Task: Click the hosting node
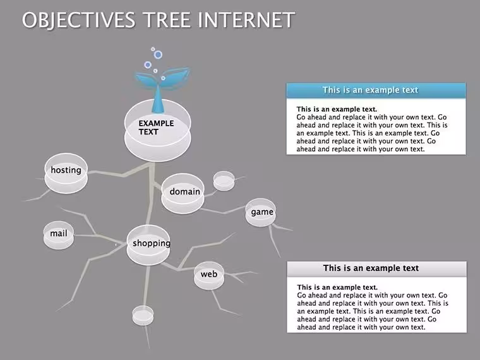[x=66, y=173]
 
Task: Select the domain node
[x=183, y=193]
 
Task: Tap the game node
[x=260, y=212]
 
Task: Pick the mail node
[x=59, y=235]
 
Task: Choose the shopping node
[x=148, y=245]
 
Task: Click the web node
[x=209, y=275]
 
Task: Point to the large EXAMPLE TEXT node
[x=158, y=130]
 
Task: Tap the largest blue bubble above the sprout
[x=158, y=55]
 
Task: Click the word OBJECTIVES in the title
[x=78, y=20]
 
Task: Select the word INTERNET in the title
[x=246, y=20]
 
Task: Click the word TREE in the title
[x=167, y=20]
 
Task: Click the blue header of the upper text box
[x=376, y=90]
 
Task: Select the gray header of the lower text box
[x=377, y=268]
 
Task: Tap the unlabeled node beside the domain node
[x=224, y=181]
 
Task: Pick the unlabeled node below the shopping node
[x=143, y=315]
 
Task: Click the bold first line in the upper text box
[x=337, y=109]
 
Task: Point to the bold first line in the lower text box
[x=337, y=287]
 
